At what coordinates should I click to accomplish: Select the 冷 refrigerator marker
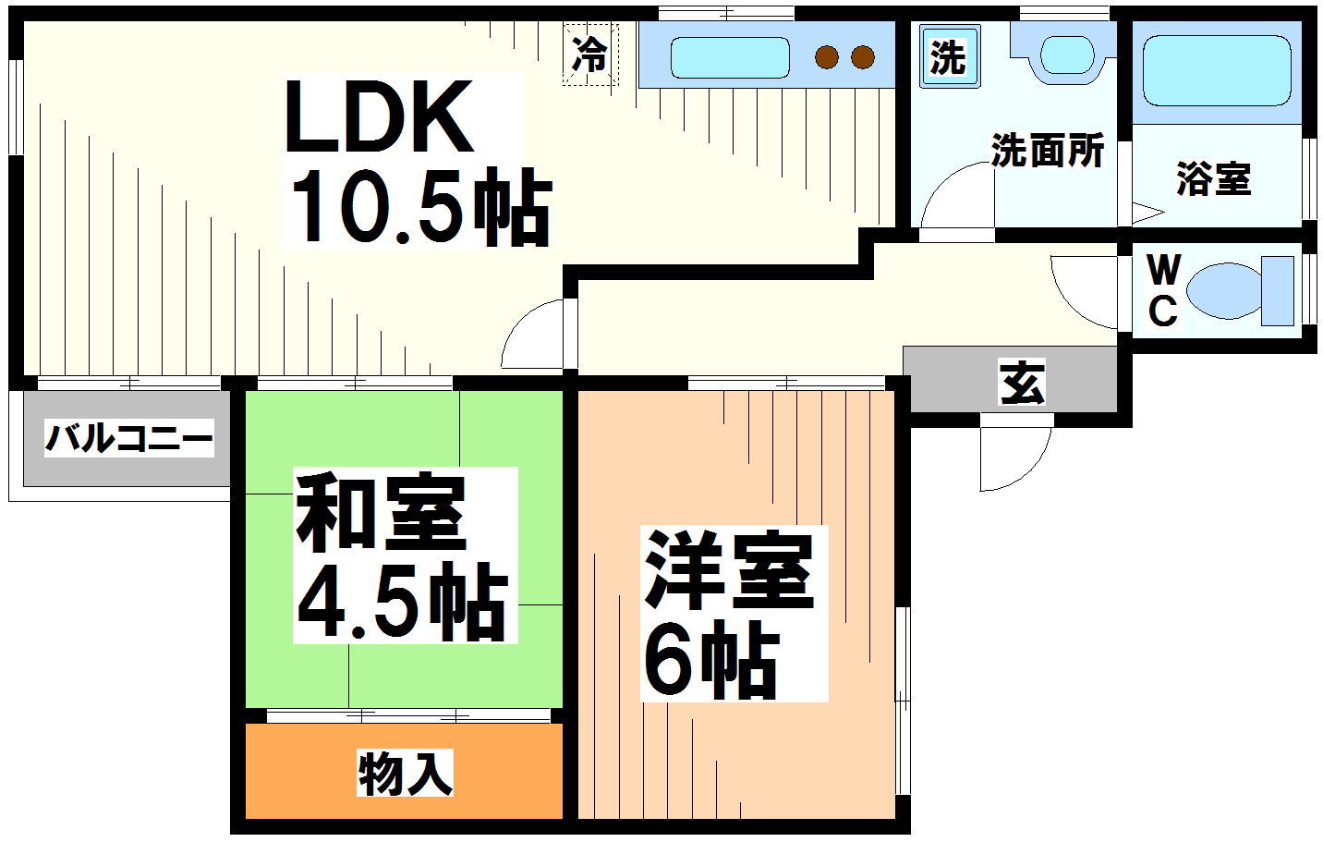(x=589, y=54)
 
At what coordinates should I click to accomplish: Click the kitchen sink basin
(x=729, y=58)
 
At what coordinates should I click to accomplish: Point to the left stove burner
(x=826, y=57)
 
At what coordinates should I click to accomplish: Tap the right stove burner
(x=863, y=57)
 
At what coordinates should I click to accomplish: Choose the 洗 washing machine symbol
(x=948, y=58)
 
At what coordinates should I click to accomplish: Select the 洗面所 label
(x=1048, y=151)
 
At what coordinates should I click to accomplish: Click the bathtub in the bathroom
(x=1217, y=71)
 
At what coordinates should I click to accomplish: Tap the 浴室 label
(x=1213, y=177)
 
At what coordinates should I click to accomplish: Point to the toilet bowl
(x=1224, y=291)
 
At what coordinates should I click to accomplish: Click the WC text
(x=1163, y=291)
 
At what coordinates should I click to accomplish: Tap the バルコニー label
(x=129, y=438)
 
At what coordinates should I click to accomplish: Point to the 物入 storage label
(x=406, y=773)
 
